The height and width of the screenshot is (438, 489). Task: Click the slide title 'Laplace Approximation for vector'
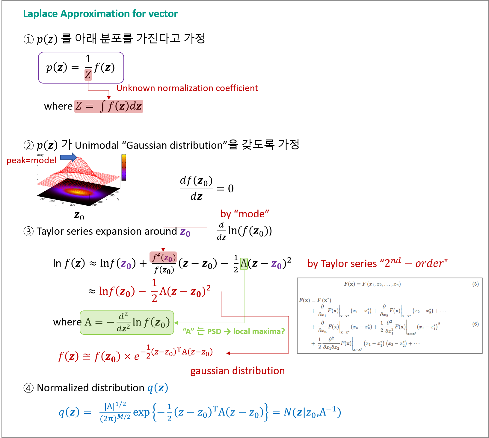[x=100, y=14]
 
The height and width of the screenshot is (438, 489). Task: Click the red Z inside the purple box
[x=88, y=75]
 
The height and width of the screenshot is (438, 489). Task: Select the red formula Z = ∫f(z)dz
[x=108, y=106]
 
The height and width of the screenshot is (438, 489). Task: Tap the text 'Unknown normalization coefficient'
[x=187, y=88]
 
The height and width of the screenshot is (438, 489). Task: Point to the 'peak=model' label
[x=31, y=160]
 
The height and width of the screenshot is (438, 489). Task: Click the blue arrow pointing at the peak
[x=69, y=157]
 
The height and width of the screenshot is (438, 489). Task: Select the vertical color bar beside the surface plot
[x=123, y=166]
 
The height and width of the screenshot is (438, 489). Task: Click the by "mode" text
[x=244, y=214]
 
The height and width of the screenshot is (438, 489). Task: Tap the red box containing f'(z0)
[x=163, y=257]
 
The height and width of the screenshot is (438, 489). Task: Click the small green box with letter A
[x=244, y=264]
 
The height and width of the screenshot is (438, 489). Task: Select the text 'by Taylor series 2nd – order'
[x=377, y=263]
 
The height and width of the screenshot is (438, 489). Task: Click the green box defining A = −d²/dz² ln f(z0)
[x=127, y=322]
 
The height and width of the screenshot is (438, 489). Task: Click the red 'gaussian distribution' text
[x=237, y=371]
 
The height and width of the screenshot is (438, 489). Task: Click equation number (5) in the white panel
[x=475, y=284]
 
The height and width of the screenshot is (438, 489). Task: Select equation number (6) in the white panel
[x=475, y=324]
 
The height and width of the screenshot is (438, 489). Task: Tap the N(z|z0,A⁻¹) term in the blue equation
[x=312, y=412]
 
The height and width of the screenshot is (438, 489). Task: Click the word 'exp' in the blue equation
[x=141, y=412]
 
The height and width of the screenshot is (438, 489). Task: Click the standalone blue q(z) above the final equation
[x=158, y=388]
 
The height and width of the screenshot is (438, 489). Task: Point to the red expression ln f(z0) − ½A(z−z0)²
[x=155, y=291]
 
